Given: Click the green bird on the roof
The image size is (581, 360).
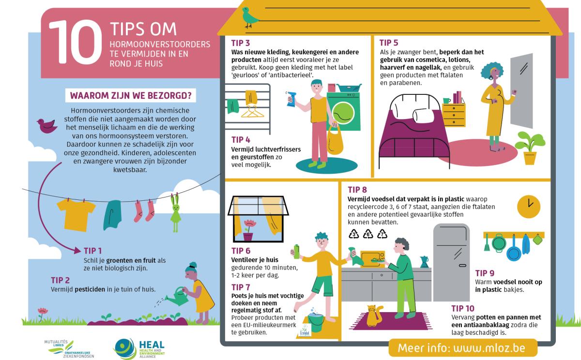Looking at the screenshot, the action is [249, 17].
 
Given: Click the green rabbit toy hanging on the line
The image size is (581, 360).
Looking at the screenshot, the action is [176, 213].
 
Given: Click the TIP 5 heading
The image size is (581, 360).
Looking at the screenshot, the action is [388, 43].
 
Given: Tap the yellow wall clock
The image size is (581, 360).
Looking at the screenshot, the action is [529, 207].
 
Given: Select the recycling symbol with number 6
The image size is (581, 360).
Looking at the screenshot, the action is [368, 234].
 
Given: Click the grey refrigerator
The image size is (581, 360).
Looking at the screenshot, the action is [451, 262].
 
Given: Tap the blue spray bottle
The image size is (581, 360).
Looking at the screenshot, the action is [292, 99].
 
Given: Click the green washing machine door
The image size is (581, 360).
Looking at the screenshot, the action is [343, 113].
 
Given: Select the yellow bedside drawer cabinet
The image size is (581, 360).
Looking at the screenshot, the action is [454, 115].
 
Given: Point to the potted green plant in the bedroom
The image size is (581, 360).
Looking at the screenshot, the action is [530, 148].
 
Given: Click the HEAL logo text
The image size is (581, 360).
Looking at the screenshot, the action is [152, 345].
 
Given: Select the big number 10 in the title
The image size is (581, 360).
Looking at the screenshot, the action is [76, 42].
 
